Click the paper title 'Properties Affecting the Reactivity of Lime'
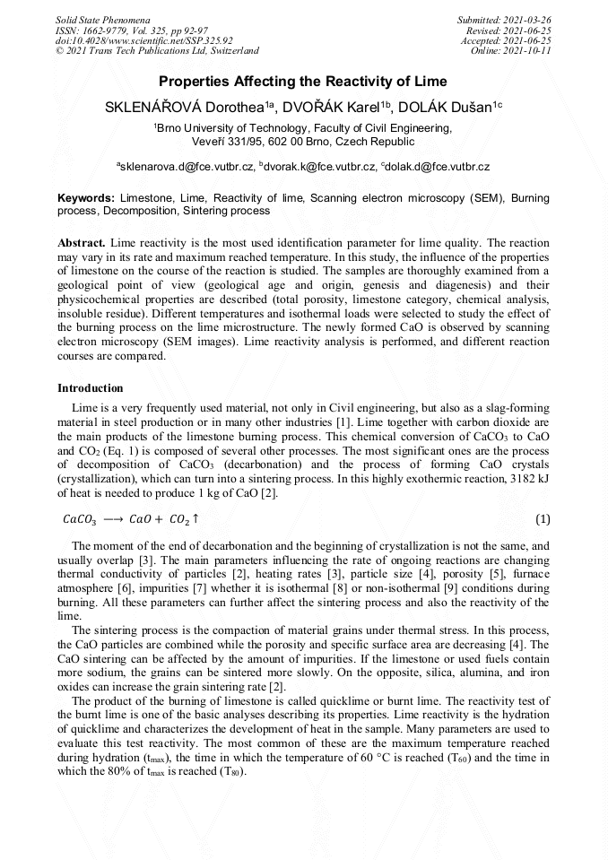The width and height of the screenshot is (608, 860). coord(303,82)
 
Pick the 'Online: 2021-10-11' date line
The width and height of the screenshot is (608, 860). coord(511,51)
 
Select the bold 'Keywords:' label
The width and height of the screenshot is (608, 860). coord(86,197)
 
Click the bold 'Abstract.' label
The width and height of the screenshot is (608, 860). coord(82,243)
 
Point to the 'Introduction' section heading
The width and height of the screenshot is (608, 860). coord(91,388)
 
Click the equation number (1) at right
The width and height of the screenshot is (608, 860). coord(542,519)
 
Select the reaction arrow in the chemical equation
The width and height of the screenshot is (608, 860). coord(113,520)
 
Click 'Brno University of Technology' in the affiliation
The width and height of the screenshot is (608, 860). coord(232,128)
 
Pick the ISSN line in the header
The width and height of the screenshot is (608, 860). coord(130,30)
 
